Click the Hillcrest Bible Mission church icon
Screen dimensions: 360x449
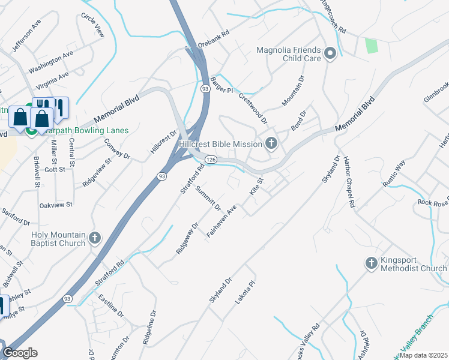coord(271,143)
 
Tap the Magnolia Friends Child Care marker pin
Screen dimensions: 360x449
coord(330,55)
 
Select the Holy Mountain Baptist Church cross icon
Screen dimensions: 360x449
coord(94,239)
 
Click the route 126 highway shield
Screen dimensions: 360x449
coord(210,160)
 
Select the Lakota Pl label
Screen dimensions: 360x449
coord(246,293)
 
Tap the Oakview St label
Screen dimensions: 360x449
coord(55,205)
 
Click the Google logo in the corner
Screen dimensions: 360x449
coord(20,352)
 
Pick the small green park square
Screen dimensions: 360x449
coord(372,46)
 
